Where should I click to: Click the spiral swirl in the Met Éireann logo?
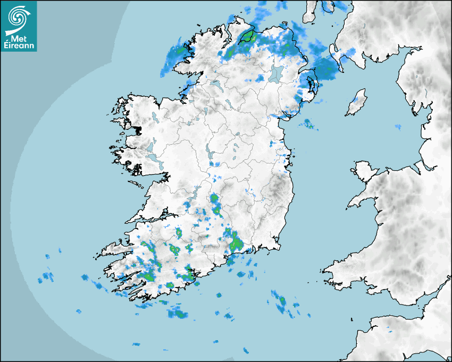[18, 18]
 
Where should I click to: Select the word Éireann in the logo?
[19, 45]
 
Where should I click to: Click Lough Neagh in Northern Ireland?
[276, 73]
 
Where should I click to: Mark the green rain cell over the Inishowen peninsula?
[247, 37]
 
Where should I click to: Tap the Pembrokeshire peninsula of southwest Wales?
[338, 269]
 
